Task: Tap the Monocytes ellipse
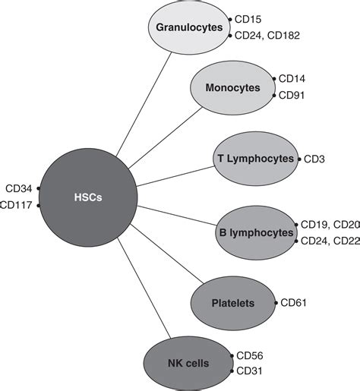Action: coord(229,87)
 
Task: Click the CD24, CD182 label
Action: coord(266,34)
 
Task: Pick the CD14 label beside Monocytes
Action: coord(292,79)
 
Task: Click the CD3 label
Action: coord(315,159)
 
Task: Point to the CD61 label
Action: coord(295,304)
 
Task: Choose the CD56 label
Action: coord(250,355)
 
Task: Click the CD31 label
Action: coord(250,371)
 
